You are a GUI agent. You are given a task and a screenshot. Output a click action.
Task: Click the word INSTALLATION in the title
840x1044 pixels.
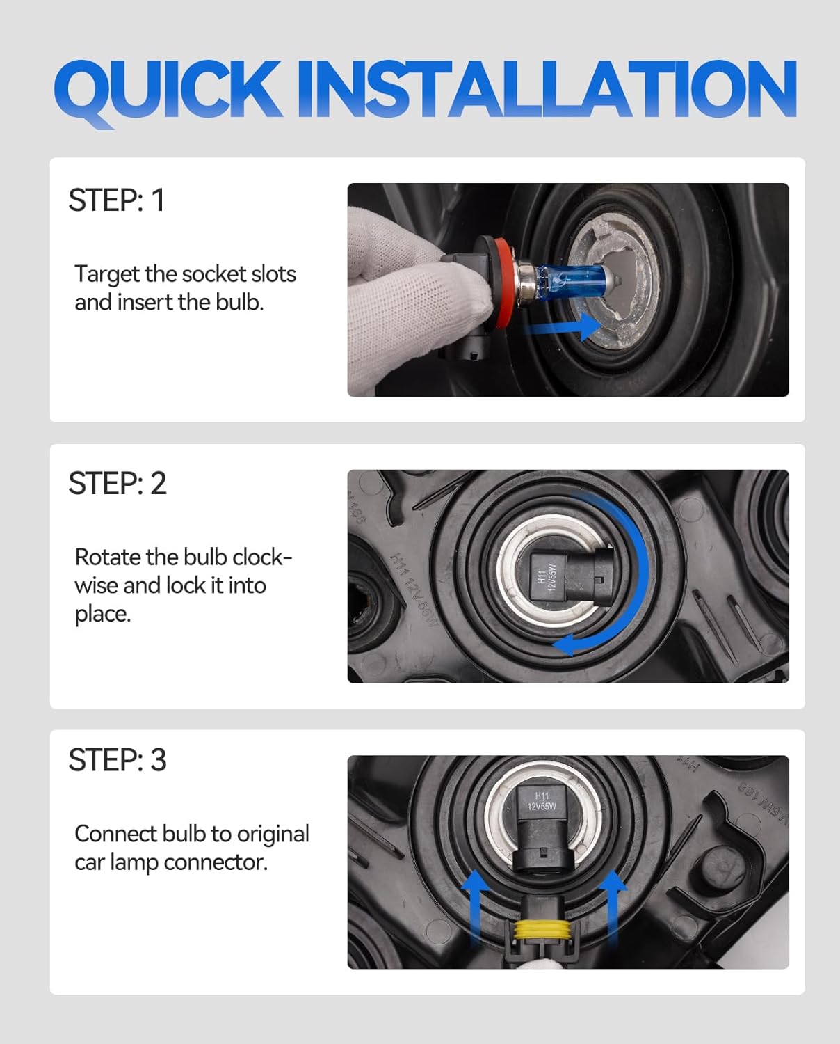(547, 89)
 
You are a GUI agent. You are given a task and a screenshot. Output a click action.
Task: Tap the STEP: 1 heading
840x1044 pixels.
(117, 200)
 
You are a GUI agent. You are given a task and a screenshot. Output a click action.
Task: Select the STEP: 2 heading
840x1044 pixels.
(118, 483)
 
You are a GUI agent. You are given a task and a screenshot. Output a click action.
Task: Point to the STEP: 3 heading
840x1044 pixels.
(118, 760)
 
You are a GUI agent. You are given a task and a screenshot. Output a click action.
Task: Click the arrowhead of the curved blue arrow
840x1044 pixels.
(565, 644)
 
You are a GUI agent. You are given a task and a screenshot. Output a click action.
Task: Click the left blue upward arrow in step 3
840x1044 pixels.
(476, 906)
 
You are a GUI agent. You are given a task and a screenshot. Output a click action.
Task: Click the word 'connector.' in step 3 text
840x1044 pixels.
(216, 862)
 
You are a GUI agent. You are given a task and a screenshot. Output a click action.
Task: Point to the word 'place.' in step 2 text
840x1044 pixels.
(103, 614)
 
